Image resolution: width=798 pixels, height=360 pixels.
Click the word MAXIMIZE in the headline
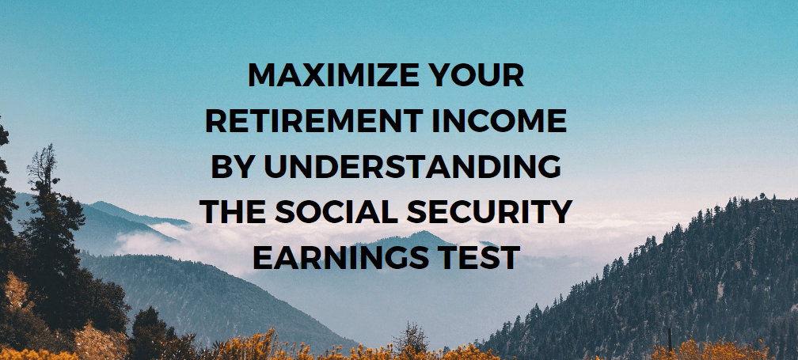[333, 75]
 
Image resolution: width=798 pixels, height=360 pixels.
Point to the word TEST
[480, 258]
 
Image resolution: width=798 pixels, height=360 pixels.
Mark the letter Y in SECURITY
[561, 213]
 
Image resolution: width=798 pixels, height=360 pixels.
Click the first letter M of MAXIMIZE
[261, 75]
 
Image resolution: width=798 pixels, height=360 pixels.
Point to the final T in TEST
[510, 258]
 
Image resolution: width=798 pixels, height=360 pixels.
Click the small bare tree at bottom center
[410, 338]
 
